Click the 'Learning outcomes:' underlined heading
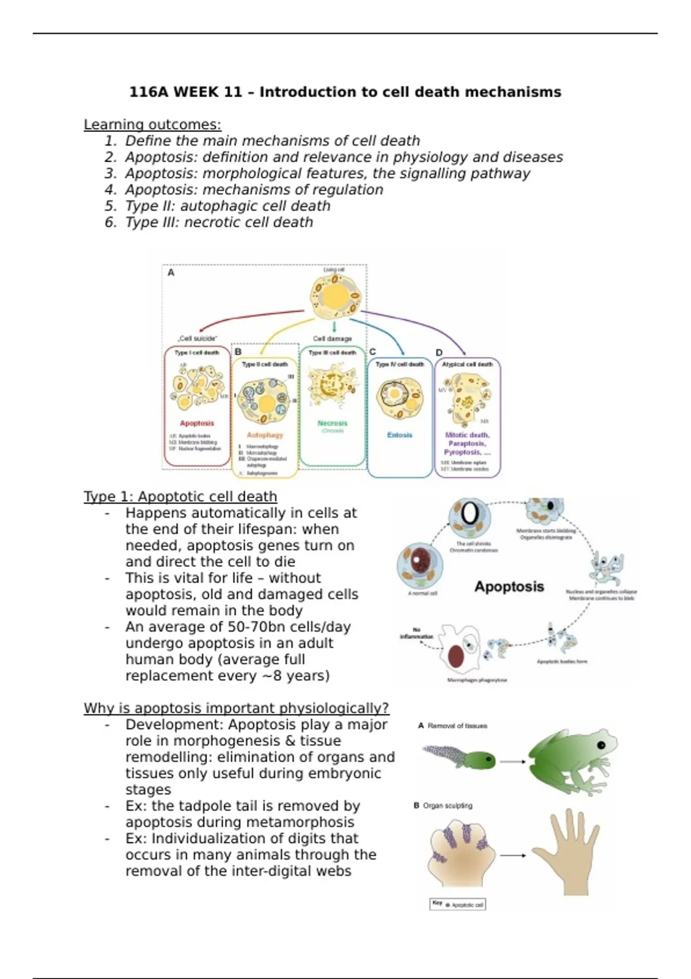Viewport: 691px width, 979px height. [152, 124]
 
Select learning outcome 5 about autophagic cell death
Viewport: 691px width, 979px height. [227, 206]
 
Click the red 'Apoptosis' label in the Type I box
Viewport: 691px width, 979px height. [197, 423]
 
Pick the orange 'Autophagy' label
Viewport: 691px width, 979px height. [265, 435]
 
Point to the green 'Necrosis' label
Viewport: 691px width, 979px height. [332, 423]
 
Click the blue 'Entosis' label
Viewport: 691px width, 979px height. [400, 435]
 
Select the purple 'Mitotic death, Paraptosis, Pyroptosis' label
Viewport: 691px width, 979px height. [467, 443]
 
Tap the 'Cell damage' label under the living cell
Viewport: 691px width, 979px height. [332, 339]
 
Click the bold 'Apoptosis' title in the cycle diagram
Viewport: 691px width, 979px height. [509, 587]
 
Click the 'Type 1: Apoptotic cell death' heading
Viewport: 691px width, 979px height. [180, 496]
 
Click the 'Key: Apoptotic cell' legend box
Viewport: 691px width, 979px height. [458, 905]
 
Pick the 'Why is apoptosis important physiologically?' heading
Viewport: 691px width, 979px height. [236, 708]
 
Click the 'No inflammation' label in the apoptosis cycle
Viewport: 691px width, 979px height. [416, 633]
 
